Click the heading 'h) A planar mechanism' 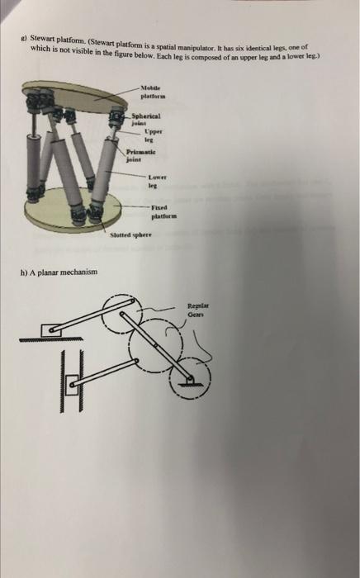click(64, 272)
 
